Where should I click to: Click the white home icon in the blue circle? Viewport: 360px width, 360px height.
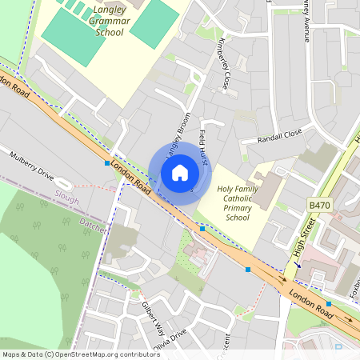(180, 172)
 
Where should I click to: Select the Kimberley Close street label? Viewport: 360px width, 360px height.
(218, 64)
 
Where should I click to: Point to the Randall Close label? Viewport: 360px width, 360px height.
(280, 137)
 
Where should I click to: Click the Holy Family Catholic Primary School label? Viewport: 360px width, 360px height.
(238, 202)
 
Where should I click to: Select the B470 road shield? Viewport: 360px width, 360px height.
(319, 206)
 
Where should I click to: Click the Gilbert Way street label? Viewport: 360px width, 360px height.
(153, 318)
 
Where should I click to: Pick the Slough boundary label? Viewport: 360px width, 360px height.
(67, 194)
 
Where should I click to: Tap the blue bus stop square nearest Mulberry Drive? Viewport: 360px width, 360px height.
(107, 162)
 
